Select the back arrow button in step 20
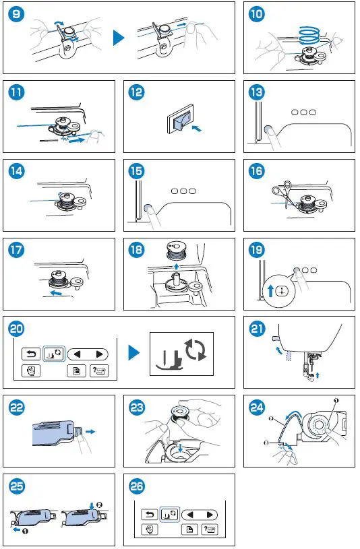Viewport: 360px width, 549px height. point(30,353)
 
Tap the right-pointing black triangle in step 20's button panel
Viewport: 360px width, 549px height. point(99,353)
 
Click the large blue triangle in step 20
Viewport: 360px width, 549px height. point(134,352)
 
